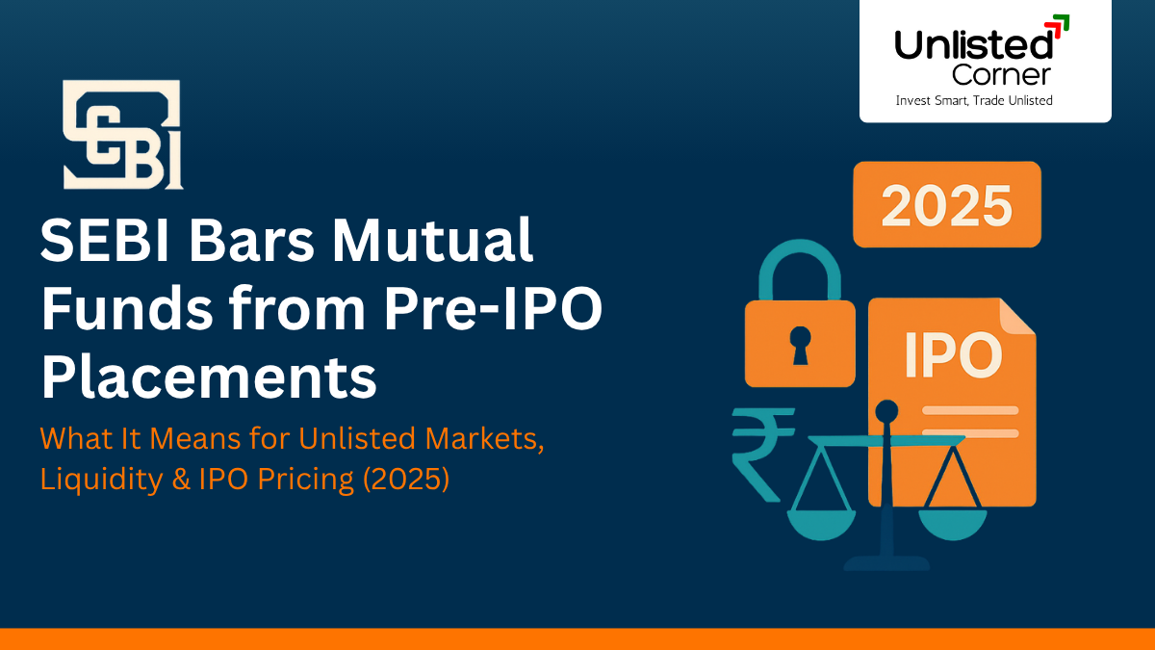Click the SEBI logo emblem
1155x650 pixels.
[x=122, y=135]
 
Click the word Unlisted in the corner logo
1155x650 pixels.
[x=973, y=43]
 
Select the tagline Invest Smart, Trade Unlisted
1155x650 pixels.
[x=974, y=100]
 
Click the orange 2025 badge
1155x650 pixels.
[x=947, y=204]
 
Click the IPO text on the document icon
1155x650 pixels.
[x=952, y=355]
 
